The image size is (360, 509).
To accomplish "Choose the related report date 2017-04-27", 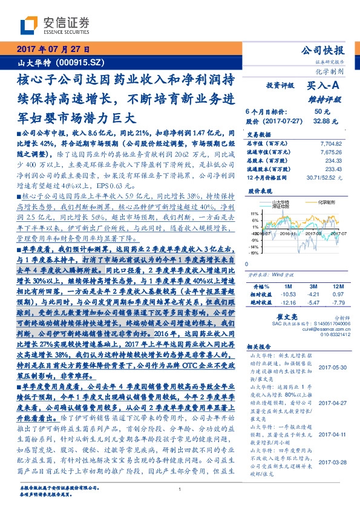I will coord(332,402).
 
